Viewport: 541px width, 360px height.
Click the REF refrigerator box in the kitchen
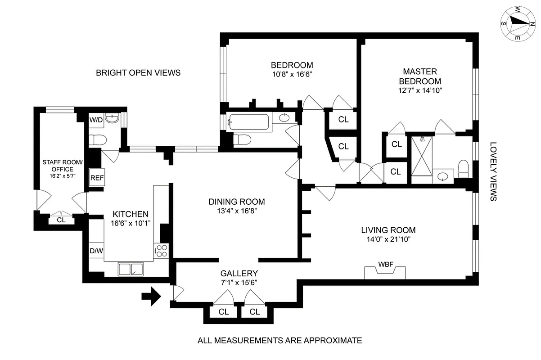click(97, 178)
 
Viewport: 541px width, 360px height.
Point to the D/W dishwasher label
click(96, 251)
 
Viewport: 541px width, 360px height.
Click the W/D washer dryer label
click(96, 120)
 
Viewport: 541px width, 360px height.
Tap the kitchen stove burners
click(161, 251)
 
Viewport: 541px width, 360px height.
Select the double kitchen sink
click(131, 269)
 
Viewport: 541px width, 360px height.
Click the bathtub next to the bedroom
click(249, 122)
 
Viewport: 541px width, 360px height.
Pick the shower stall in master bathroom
click(421, 157)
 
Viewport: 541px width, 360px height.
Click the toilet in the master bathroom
click(462, 170)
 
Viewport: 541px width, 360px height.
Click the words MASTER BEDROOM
click(420, 76)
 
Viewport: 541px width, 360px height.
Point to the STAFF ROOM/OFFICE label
click(63, 166)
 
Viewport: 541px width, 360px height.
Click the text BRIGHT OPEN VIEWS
click(138, 72)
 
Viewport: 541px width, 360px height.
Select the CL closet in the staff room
click(61, 220)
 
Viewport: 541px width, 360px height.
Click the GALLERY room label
click(239, 273)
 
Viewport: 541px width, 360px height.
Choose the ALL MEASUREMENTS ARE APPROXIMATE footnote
click(280, 341)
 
